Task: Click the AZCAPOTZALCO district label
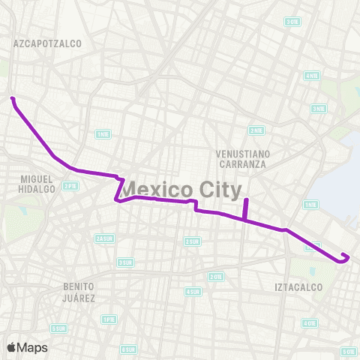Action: [47, 44]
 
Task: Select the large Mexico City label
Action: [181, 187]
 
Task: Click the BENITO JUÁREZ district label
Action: [79, 292]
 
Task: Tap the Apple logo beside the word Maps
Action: [12, 347]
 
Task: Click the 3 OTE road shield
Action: [292, 22]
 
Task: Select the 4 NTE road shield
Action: [310, 76]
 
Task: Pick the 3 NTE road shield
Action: [319, 109]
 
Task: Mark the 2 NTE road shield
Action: [256, 130]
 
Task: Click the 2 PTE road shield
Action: [70, 185]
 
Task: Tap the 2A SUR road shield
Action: [105, 238]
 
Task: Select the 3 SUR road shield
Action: [125, 262]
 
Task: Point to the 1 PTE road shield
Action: [109, 319]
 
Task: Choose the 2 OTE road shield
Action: [216, 276]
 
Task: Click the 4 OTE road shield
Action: [309, 323]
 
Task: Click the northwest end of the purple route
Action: [12, 98]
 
